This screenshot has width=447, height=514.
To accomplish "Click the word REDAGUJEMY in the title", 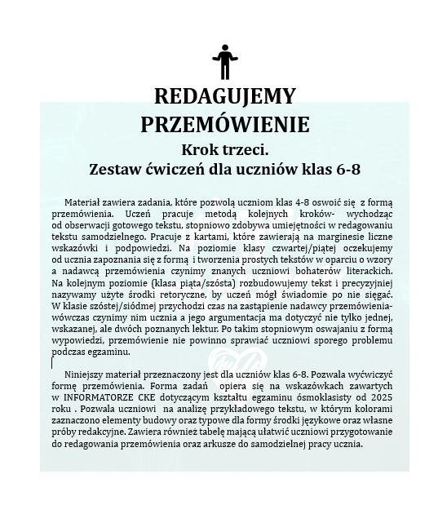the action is point(223,97).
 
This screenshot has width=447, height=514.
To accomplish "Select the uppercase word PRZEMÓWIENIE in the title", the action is point(223,124).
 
